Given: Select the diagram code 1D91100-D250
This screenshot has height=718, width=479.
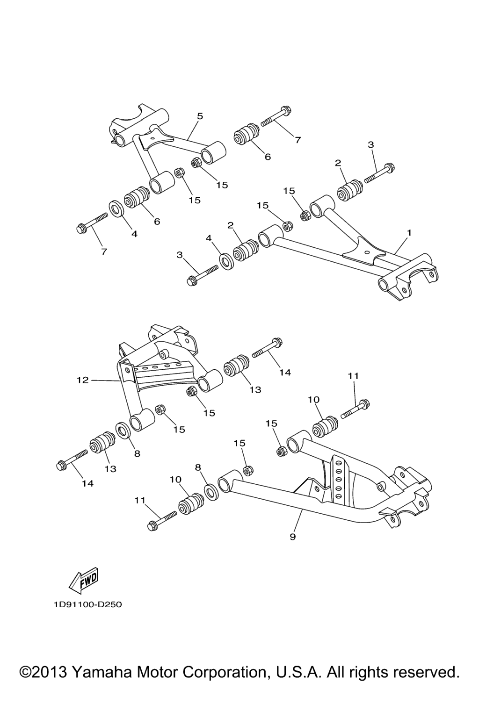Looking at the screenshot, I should pos(87,604).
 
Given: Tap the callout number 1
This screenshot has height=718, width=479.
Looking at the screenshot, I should pos(409,232).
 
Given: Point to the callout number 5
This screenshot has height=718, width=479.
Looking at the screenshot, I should pos(200,116).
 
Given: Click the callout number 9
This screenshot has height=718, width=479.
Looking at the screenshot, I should pos(293,537).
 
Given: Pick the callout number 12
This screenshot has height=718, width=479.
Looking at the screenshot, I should pos(82,380).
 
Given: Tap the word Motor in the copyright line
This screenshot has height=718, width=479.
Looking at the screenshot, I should pos(157,672).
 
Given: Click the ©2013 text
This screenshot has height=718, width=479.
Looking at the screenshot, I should pos(44,672).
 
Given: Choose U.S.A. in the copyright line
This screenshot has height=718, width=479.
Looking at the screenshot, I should pos(298,672).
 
